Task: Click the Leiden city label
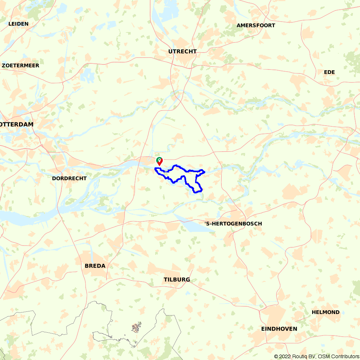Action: pos(18,24)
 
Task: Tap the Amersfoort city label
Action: pos(256,26)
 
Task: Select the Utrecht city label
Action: pos(183,51)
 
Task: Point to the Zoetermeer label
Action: pos(21,66)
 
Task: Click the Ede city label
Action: pos(329,72)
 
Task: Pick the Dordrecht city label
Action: pos(69,178)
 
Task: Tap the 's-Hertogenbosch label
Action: pos(233,224)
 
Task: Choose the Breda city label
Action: pos(95,266)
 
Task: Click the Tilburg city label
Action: pos(177,280)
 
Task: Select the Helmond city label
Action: pos(326,312)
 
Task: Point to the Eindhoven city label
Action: pos(279,329)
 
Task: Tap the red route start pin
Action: pos(159,162)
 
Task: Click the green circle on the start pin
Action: pos(159,159)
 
